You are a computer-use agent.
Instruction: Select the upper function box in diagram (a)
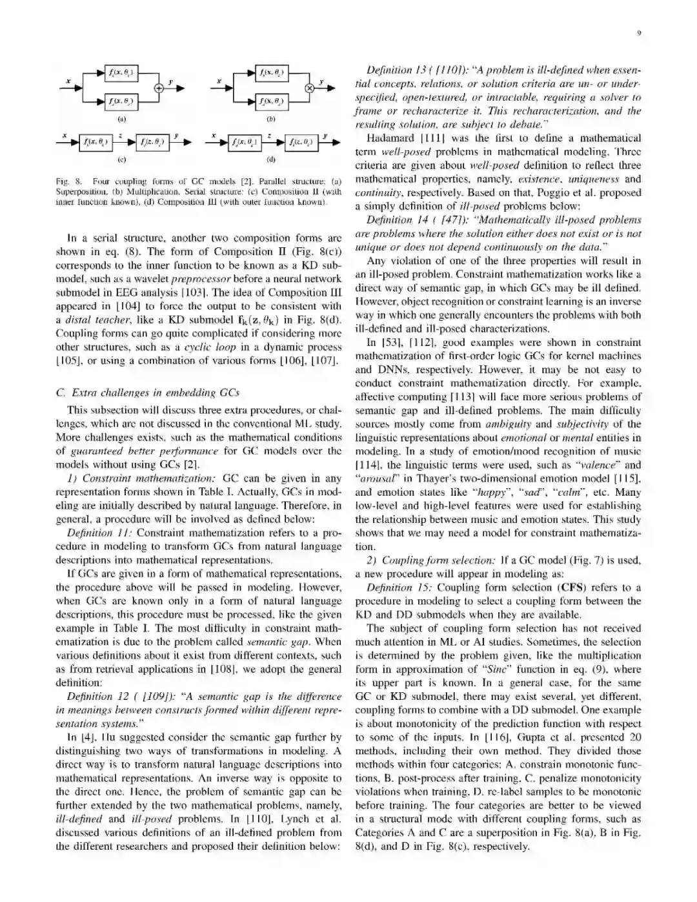(x=121, y=73)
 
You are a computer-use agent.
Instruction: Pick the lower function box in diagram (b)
(x=271, y=102)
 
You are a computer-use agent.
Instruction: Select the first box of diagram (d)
(x=245, y=143)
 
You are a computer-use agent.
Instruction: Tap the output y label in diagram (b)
(x=321, y=83)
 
